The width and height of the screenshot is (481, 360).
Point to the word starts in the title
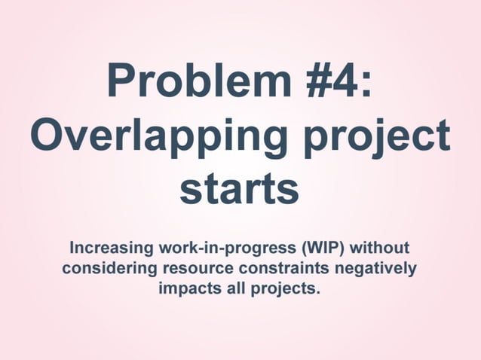point(240,189)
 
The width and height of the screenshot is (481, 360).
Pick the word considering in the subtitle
point(106,269)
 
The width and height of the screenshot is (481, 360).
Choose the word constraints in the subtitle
point(285,268)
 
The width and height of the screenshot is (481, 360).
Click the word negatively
point(375,269)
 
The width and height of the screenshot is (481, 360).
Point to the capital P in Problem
point(122,81)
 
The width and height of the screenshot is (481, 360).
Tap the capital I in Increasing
point(72,247)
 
